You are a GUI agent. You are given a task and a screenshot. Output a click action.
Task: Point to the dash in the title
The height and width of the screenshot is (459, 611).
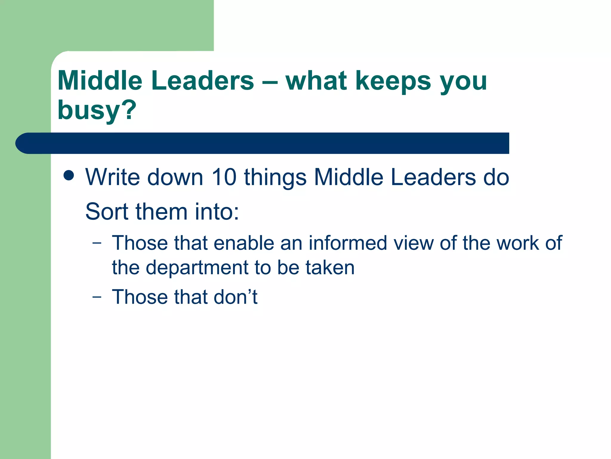coord(270,81)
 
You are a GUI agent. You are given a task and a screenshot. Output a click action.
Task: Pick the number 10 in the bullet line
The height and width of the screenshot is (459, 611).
coord(224,177)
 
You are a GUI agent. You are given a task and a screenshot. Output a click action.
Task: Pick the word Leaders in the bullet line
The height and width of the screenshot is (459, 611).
coord(433,177)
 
